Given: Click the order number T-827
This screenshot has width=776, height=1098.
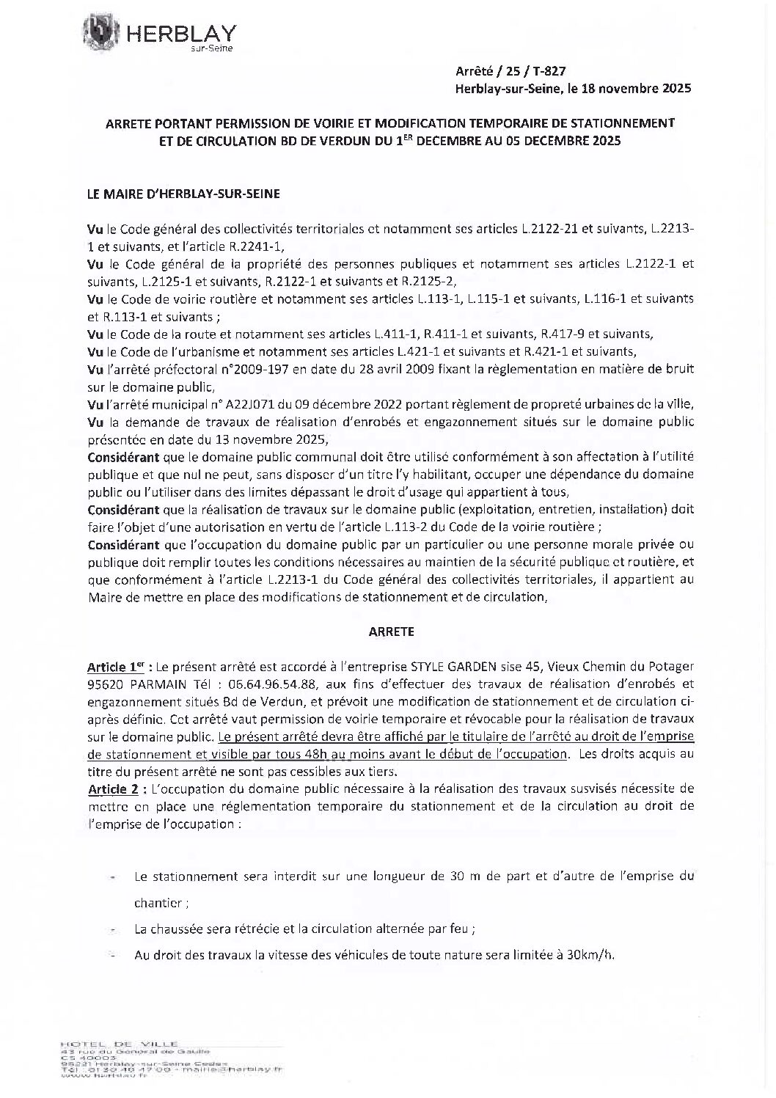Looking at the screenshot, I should click(x=549, y=71).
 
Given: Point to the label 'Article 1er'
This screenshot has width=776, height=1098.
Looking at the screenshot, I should click(x=115, y=667).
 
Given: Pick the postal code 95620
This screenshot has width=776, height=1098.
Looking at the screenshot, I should click(x=103, y=684).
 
